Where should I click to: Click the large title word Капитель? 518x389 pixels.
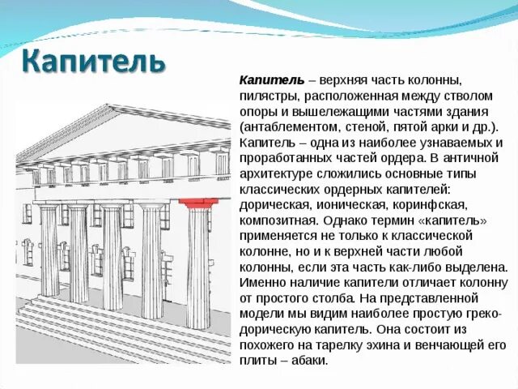coord(92,60)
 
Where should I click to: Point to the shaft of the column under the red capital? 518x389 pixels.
coord(197,259)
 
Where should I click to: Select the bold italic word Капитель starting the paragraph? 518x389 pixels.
coord(271,80)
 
